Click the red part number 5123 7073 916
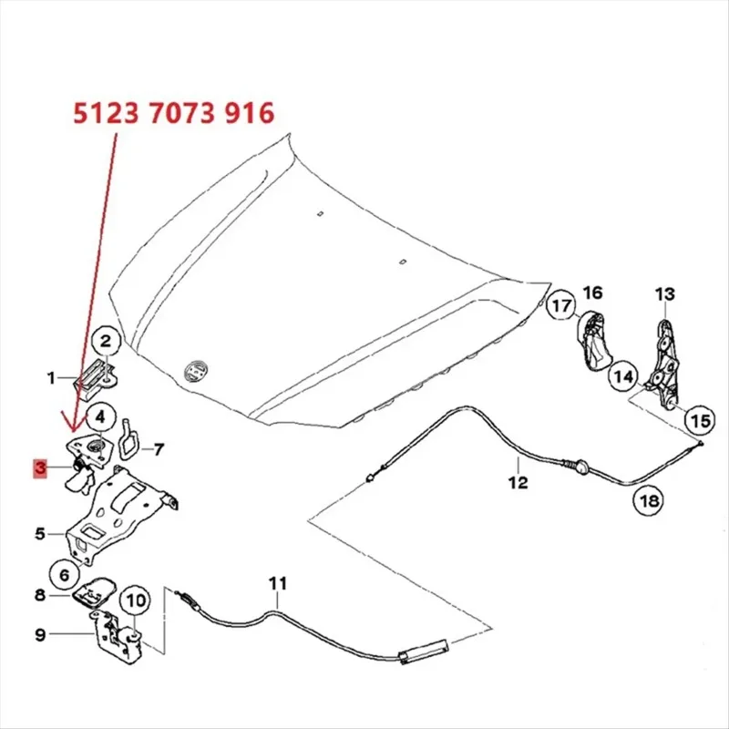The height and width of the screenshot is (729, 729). pos(173,114)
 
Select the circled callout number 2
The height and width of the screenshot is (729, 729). pos(105,343)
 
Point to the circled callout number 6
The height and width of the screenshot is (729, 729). pos(64,574)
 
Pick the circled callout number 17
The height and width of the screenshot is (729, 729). pos(561,306)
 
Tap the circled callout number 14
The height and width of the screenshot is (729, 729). pos(622,374)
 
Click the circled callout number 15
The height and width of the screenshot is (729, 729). pos(699,420)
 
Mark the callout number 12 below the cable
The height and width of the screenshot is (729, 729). pos(518,484)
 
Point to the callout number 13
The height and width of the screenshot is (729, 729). pos(665,294)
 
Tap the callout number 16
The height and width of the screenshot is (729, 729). pos(593,293)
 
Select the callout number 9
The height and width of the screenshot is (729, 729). pos(40,634)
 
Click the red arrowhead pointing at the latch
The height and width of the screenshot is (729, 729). pos(76,426)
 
